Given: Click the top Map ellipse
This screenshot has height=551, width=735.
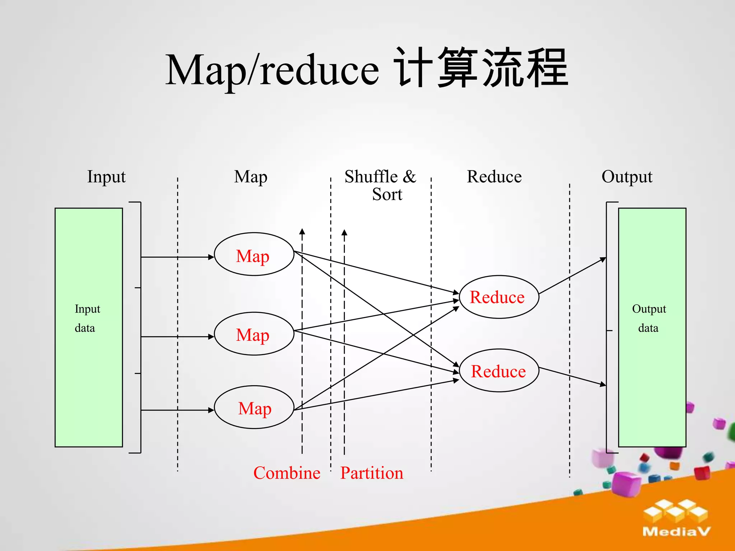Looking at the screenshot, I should point(254,254).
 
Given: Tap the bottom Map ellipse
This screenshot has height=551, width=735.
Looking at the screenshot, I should point(254,407).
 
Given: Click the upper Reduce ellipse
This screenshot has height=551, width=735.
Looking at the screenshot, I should point(499,297).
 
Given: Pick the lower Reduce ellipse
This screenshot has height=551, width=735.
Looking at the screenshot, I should point(499,371).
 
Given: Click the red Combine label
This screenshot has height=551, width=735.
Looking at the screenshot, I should point(287,473).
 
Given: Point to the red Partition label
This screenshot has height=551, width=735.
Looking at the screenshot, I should point(372,473).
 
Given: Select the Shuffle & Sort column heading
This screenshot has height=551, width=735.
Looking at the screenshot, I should point(380,185).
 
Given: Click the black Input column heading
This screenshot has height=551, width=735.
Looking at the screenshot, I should point(106,177).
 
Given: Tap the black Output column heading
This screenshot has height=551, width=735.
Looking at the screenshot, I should point(627,177).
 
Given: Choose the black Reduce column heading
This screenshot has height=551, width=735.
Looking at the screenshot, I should point(494,177).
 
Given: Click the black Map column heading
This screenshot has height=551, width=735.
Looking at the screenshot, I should point(251,177).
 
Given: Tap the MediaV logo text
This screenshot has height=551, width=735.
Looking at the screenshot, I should point(676,531).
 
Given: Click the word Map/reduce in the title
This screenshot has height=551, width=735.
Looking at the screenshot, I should point(272,70).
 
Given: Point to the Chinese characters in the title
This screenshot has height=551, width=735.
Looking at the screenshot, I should point(481,68).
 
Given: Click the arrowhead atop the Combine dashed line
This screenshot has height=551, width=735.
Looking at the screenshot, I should point(302,232).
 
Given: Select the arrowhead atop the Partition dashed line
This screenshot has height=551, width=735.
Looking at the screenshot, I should point(344,233).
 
